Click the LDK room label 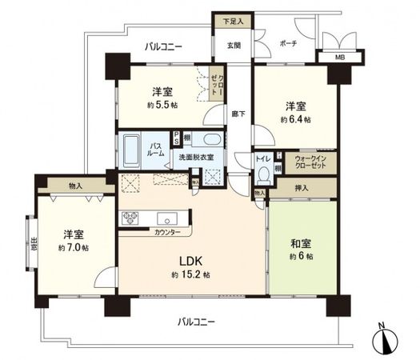point(190,261)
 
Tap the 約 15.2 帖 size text point(190,274)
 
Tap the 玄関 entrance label point(234,45)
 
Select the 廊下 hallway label point(237,114)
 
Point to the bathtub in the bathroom point(132,150)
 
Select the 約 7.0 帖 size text point(74,248)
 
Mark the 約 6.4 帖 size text point(295,119)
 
